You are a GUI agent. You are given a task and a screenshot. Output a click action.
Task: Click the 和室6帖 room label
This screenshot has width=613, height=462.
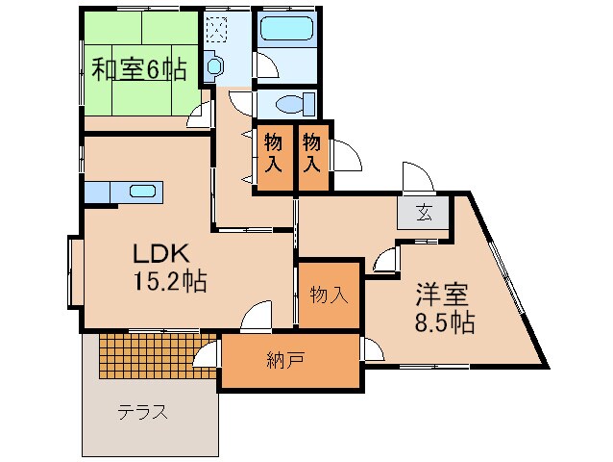(x=138, y=69)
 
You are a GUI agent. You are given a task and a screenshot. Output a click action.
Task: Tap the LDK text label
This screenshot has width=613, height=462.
(x=166, y=255)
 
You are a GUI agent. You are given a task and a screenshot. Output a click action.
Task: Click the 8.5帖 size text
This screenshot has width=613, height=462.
(x=444, y=321)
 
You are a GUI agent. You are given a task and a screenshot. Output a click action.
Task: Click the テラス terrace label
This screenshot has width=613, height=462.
(x=143, y=413)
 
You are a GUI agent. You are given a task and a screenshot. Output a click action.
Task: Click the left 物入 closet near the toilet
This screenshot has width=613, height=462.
(x=274, y=154)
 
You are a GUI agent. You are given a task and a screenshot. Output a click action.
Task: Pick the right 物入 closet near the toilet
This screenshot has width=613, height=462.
(x=312, y=154)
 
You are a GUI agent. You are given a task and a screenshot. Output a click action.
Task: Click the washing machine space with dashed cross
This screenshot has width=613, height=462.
(x=216, y=31)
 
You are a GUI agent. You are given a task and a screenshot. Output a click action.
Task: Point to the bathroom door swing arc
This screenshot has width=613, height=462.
(x=266, y=64)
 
